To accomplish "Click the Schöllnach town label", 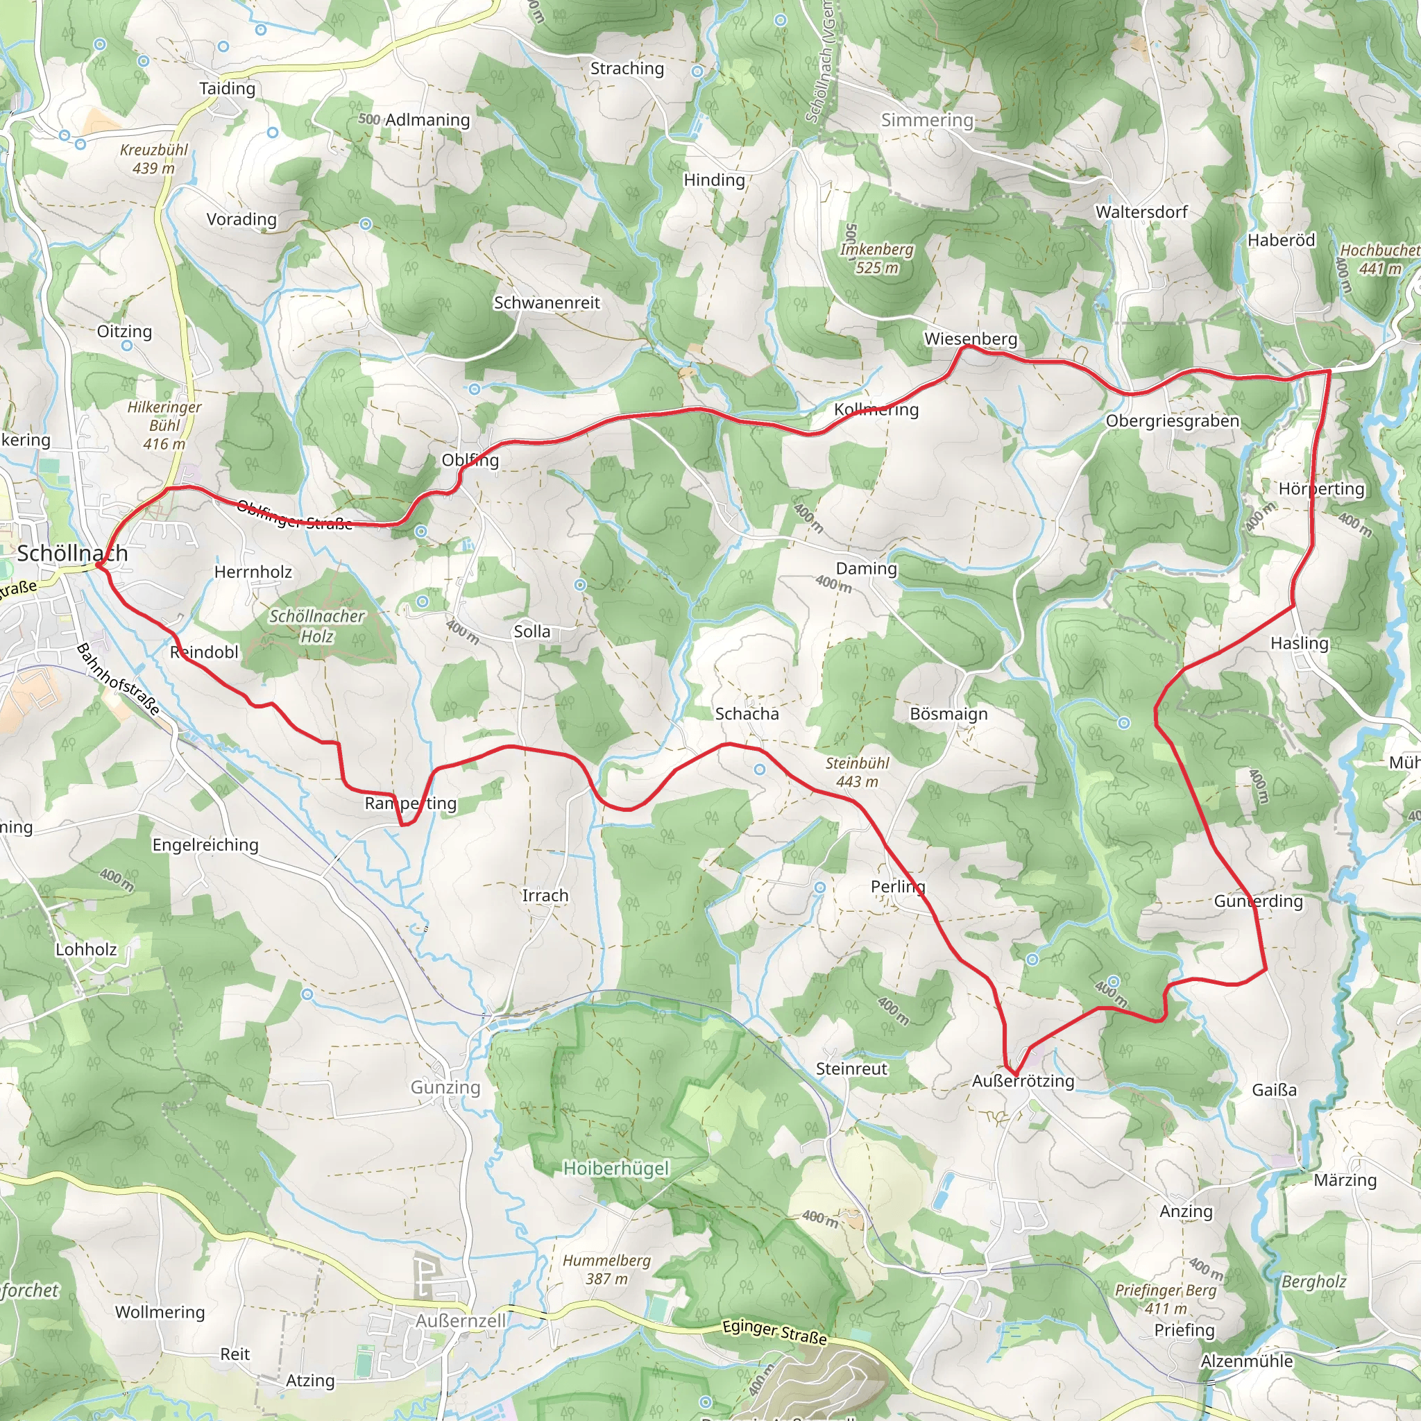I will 72,553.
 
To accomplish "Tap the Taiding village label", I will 228,88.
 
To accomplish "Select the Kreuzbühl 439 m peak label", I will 154,159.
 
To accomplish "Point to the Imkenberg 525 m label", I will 877,258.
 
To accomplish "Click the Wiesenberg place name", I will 970,339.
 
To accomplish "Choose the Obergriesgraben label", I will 1173,420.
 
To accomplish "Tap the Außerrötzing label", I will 1022,1080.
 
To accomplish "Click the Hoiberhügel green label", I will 615,1168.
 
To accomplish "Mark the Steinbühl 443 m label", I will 857,772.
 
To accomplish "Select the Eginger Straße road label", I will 774,1331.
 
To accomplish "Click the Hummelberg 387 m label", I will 607,1270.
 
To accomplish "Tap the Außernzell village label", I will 461,1321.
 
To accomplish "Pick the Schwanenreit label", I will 547,303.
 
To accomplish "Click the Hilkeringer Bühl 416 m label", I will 164,425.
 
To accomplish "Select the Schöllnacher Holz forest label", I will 316,626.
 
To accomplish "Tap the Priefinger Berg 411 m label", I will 1165,1299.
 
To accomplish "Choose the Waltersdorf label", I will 1141,212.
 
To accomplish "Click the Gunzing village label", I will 445,1087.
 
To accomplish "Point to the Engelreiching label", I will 205,844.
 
